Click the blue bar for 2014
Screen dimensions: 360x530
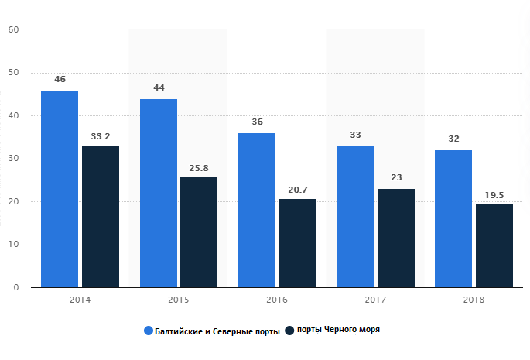click(60, 189)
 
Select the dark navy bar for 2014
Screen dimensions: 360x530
click(101, 217)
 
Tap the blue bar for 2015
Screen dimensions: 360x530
click(158, 194)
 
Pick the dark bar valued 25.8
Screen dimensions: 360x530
click(199, 232)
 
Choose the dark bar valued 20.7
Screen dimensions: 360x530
click(297, 243)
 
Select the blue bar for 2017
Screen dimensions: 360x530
click(355, 217)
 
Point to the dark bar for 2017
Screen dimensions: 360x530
click(396, 238)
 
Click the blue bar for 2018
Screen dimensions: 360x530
click(453, 219)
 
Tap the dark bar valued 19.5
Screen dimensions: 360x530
click(494, 246)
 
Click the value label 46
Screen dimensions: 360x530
click(60, 80)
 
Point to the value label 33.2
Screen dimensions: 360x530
click(101, 135)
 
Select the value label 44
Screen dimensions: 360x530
click(159, 88)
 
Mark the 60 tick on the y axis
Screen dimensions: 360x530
click(14, 30)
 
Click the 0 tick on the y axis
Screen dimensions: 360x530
click(16, 287)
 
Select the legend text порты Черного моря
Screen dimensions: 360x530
click(337, 331)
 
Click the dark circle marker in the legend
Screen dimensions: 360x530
click(289, 331)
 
